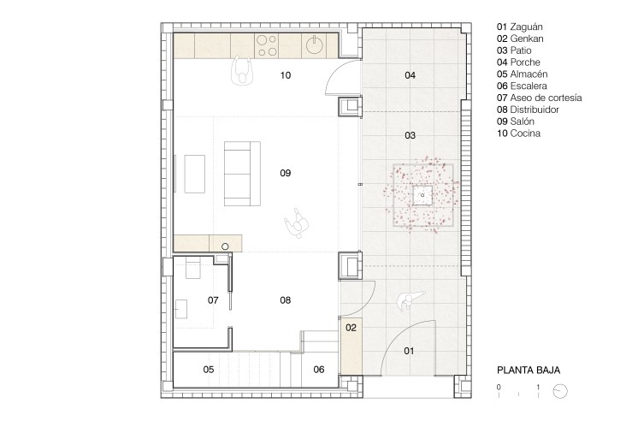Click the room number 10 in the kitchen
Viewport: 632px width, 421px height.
pos(286,75)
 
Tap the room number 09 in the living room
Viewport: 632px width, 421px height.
pos(286,173)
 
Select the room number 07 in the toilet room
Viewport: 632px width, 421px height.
pos(213,300)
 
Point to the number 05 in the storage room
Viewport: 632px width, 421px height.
pos(209,370)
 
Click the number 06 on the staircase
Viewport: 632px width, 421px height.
pos(319,370)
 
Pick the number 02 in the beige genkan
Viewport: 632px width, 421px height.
pos(351,328)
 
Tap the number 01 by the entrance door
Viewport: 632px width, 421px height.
pos(409,351)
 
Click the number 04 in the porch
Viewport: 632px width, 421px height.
pos(410,75)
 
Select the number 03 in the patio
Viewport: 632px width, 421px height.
pos(410,135)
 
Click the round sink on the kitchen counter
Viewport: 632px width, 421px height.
pos(314,44)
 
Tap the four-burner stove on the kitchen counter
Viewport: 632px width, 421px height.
pos(267,45)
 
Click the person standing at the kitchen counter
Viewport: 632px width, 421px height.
pos(241,70)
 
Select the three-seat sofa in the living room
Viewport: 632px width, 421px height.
pos(242,174)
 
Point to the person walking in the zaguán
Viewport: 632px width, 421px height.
pos(409,299)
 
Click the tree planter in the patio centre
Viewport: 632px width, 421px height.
pos(422,195)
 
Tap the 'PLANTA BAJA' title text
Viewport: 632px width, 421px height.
pos(529,371)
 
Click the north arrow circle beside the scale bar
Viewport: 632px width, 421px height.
pos(560,391)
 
